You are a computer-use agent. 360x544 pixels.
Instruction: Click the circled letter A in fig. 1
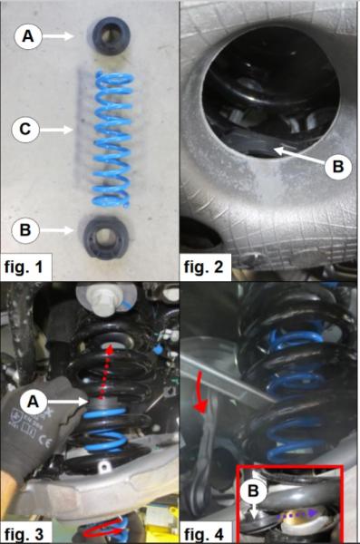point(27,36)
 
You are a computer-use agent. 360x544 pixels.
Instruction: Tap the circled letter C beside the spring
point(27,130)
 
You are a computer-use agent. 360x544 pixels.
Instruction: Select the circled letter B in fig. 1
point(27,229)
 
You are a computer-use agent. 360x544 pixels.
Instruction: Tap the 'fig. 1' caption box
point(28,267)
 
